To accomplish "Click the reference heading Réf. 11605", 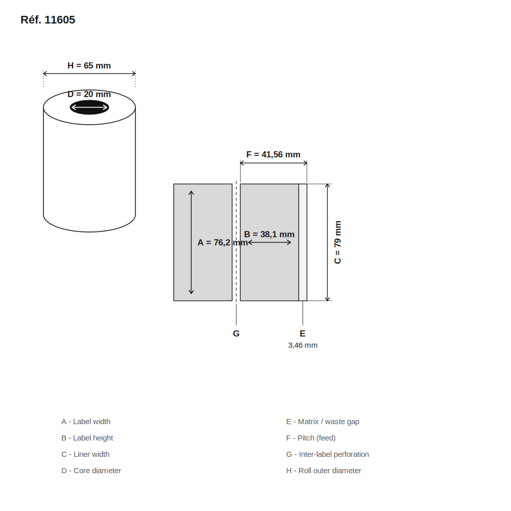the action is (x=48, y=20).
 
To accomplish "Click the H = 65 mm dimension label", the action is (x=89, y=65).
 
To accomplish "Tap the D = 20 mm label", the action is (x=89, y=94).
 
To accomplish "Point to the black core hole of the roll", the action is (x=89, y=107).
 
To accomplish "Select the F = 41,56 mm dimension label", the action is (x=273, y=154).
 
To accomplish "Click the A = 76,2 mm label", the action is (x=223, y=242).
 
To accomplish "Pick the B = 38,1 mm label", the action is (x=269, y=235).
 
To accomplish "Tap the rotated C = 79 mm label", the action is (x=338, y=242).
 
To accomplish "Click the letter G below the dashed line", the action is (x=236, y=333).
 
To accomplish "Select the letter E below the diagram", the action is (x=303, y=333).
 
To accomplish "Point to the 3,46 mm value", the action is (x=303, y=345).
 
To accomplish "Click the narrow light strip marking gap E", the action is (x=303, y=242).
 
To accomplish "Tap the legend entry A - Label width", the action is (x=86, y=422).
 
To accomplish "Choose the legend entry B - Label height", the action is (x=87, y=438).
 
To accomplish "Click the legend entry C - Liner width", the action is (x=85, y=454).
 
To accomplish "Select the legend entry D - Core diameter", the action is (x=91, y=471).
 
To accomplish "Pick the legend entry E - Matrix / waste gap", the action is (x=322, y=422).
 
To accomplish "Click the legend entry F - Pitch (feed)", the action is (x=311, y=438).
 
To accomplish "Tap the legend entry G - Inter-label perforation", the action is (x=328, y=454).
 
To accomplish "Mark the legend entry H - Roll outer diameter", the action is (x=323, y=471).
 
